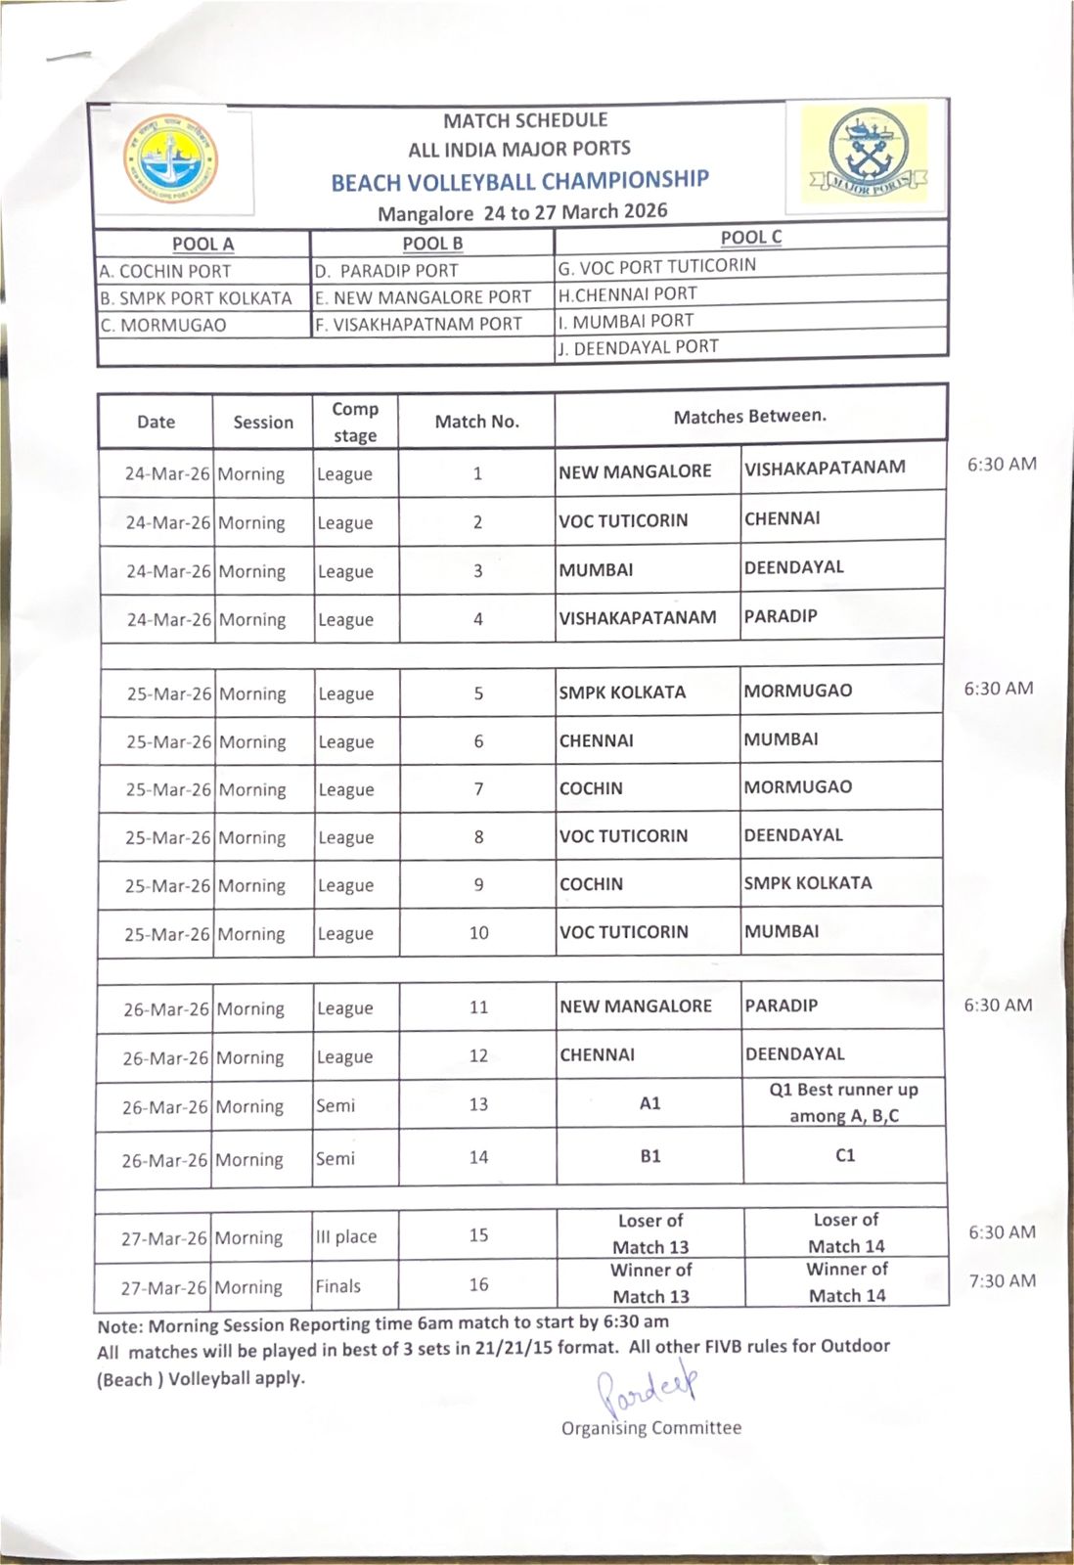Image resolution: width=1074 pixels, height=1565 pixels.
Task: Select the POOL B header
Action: [432, 244]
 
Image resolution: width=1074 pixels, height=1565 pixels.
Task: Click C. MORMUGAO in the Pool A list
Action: [163, 325]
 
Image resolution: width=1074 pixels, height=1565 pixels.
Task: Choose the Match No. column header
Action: [476, 422]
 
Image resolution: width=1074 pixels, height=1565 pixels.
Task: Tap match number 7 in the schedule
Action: [478, 788]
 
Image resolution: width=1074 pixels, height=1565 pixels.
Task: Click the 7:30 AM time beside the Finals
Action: [1002, 1280]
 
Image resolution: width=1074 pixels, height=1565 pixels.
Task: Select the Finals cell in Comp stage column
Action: [338, 1285]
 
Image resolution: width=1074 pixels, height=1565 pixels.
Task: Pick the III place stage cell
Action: [346, 1236]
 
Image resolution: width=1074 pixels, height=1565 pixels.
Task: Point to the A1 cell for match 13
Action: [650, 1103]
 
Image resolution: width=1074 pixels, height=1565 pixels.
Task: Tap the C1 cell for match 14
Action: [845, 1155]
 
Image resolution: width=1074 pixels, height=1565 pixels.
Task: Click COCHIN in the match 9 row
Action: [591, 883]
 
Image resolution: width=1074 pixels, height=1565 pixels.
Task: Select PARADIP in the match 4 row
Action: [781, 616]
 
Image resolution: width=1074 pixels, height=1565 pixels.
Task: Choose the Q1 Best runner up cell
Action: [844, 1102]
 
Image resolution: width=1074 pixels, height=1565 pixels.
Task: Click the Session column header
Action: [263, 423]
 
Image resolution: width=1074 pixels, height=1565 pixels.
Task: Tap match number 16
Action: [478, 1284]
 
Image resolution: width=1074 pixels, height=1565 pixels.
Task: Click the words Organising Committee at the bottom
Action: [651, 1427]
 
